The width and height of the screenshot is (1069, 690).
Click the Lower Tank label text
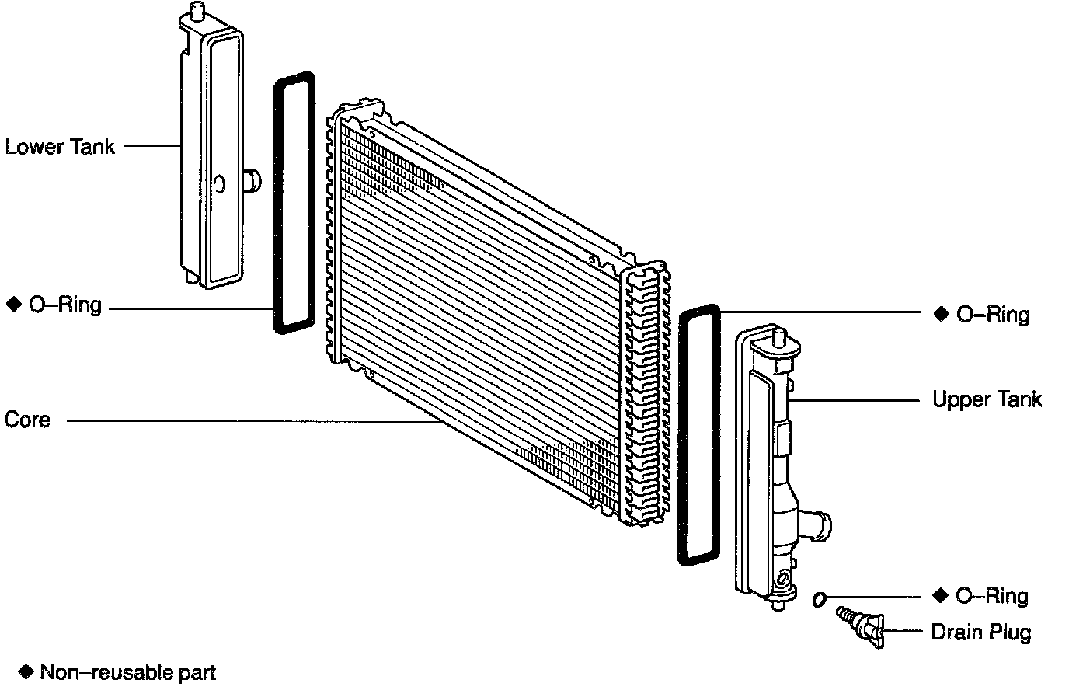point(60,146)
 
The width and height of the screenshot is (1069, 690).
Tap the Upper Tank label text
point(987,399)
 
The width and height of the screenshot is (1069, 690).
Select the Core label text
point(27,420)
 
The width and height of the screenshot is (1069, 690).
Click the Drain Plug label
point(981,632)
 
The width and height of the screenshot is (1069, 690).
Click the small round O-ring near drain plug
point(819,598)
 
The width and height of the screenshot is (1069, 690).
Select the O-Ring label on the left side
point(65,305)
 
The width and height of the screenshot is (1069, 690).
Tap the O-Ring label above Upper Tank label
point(993,315)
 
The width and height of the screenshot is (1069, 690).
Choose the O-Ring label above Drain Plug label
point(992,596)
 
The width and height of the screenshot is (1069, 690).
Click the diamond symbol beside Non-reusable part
point(27,671)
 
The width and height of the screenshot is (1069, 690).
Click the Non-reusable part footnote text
point(127,672)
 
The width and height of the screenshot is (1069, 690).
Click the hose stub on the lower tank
point(251,181)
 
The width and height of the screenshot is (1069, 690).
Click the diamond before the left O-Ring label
point(12,305)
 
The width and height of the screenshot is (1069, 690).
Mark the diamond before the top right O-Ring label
point(942,314)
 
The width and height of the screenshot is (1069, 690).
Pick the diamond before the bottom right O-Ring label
point(941,596)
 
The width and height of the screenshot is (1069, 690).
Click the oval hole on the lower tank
point(219,183)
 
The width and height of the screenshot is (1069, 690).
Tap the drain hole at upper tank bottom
point(786,578)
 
